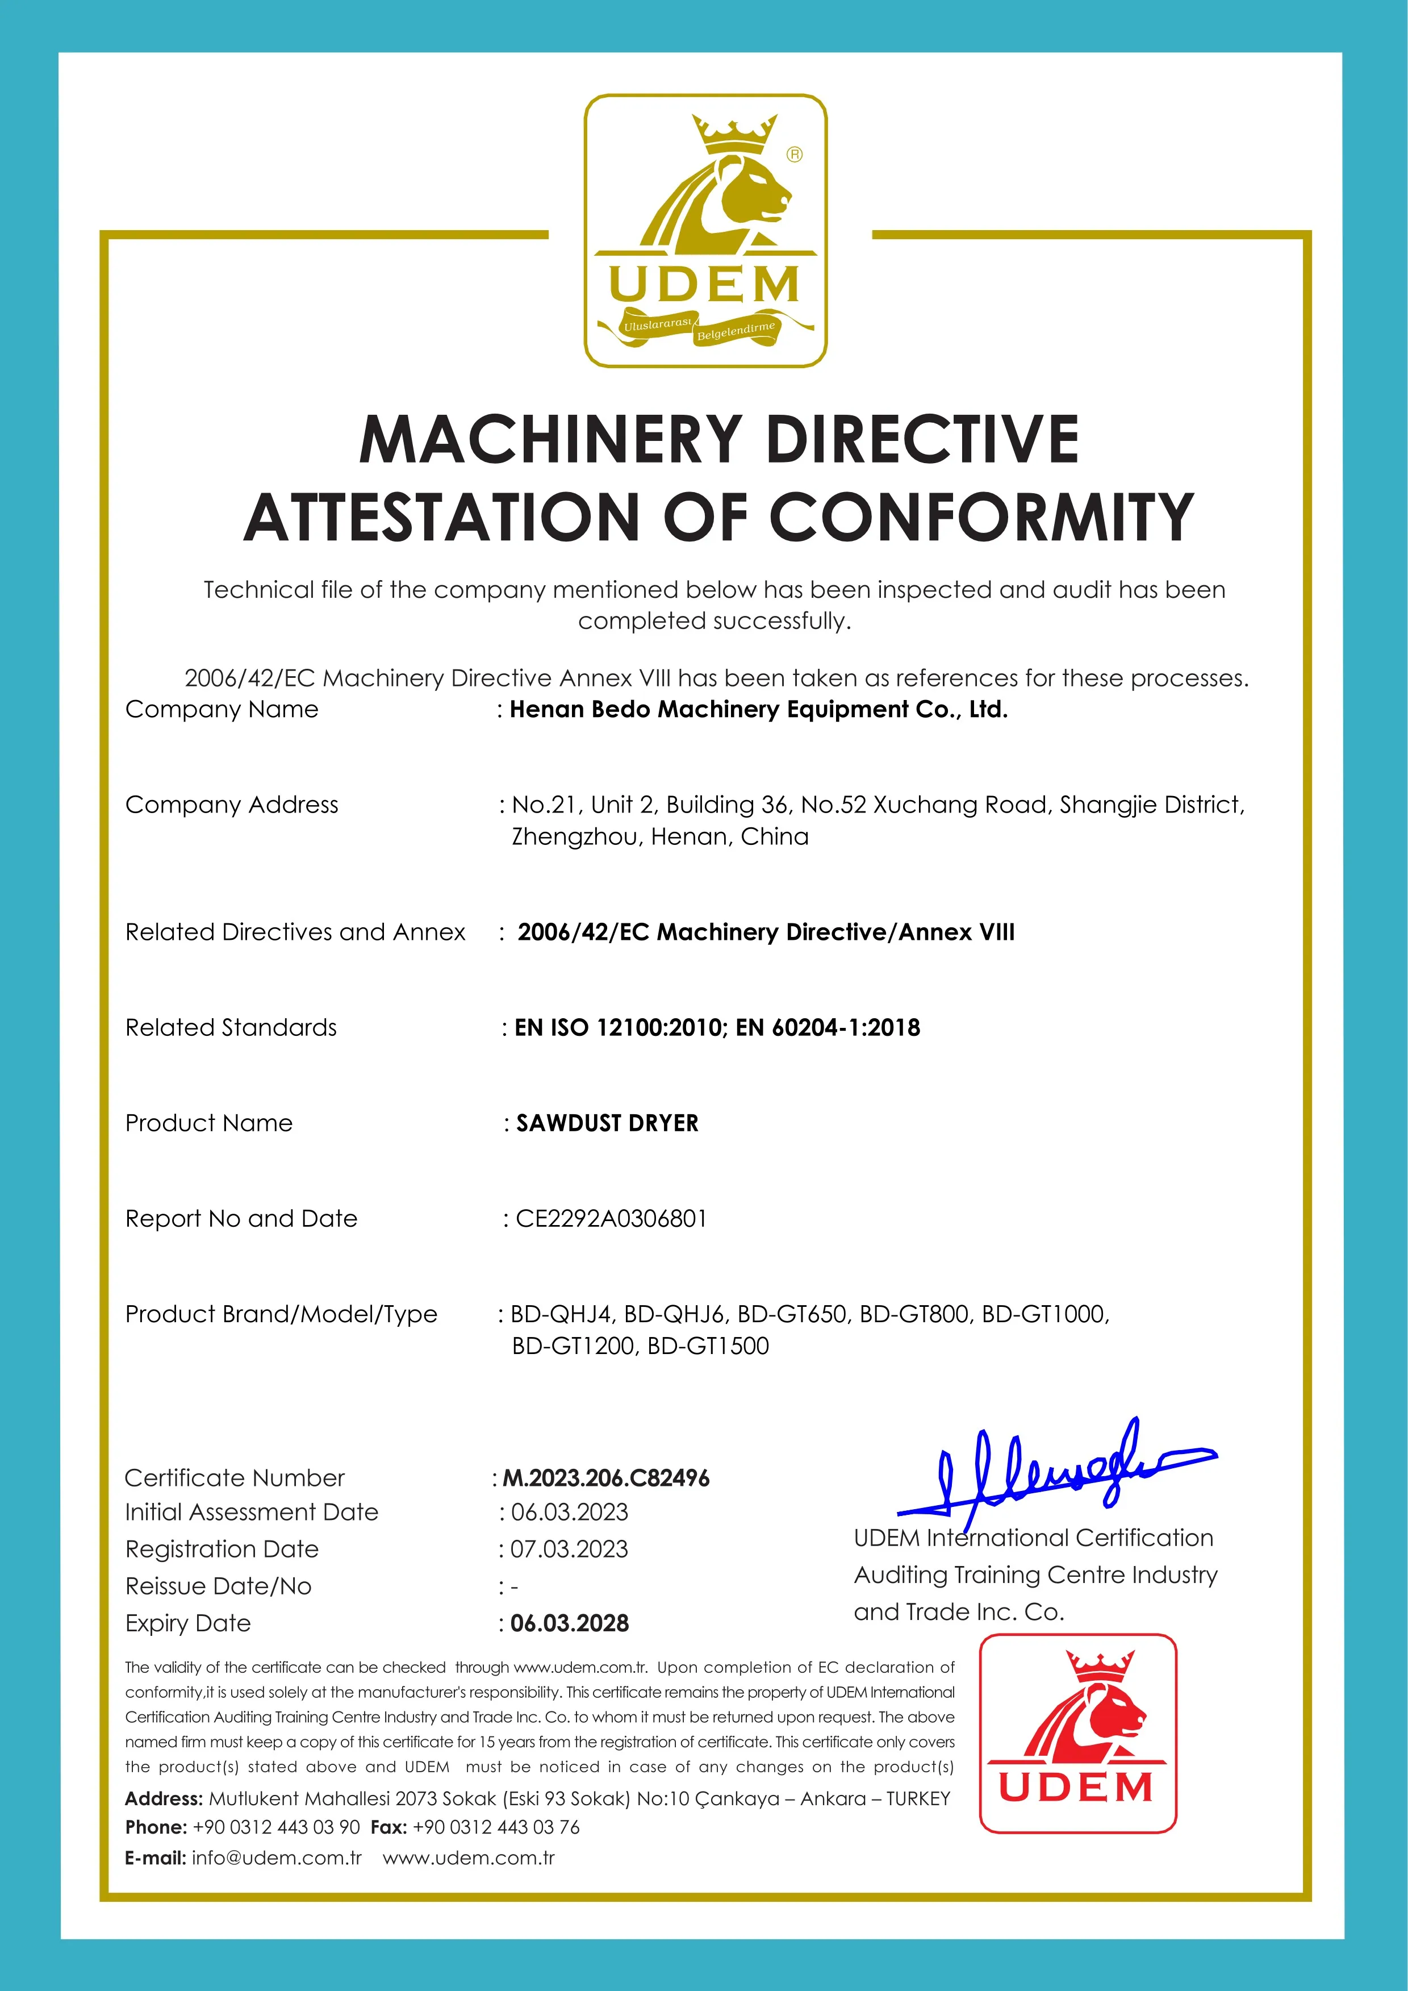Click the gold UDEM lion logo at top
coord(705,231)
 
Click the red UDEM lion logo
coord(1077,1734)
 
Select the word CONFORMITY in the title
coord(981,518)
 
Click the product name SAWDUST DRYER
coord(607,1123)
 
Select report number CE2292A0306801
coord(611,1218)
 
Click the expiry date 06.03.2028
coord(570,1623)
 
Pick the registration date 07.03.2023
coord(569,1549)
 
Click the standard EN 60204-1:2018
coord(828,1027)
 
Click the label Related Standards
coord(231,1027)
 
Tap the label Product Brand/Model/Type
coord(281,1315)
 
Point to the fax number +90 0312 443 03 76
coord(496,1827)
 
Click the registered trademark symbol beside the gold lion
coord(794,155)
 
